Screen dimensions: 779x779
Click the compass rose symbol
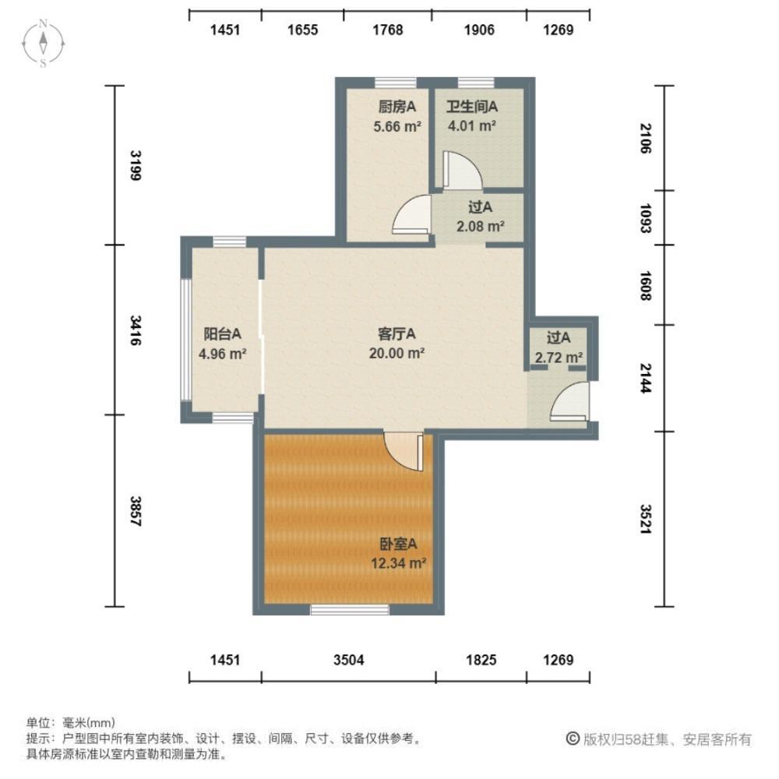[44, 43]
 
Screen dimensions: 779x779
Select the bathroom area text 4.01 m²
[471, 124]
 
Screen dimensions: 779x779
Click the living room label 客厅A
[397, 334]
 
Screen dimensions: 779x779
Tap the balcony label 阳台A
[222, 334]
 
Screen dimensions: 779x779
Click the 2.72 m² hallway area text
[559, 357]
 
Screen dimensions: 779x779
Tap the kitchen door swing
[413, 216]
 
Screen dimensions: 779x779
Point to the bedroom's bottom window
[349, 610]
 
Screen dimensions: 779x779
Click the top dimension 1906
[479, 30]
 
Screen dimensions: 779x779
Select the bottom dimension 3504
[348, 661]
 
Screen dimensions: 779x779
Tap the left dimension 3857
[135, 511]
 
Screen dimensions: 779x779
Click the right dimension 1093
[644, 218]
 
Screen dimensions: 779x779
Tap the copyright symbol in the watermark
[572, 738]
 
